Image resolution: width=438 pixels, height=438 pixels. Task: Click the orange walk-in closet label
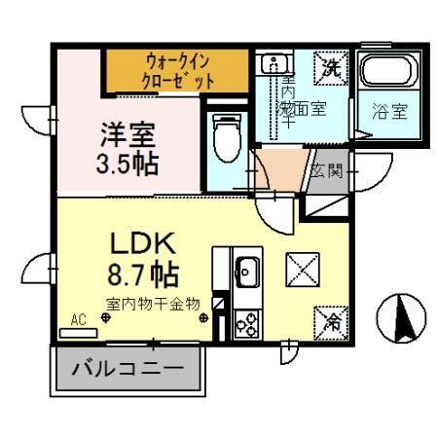tap(179, 71)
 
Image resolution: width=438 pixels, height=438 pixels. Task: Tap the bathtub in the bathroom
tap(385, 77)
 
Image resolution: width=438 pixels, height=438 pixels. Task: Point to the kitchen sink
tap(245, 267)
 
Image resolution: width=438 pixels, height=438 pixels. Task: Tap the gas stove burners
tap(245, 322)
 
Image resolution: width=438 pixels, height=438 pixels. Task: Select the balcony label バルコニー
tap(127, 370)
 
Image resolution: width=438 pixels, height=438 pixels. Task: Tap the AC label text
tap(78, 318)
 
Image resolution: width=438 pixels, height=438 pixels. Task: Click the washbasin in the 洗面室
tap(270, 65)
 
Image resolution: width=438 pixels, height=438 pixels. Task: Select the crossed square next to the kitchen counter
tap(298, 269)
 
